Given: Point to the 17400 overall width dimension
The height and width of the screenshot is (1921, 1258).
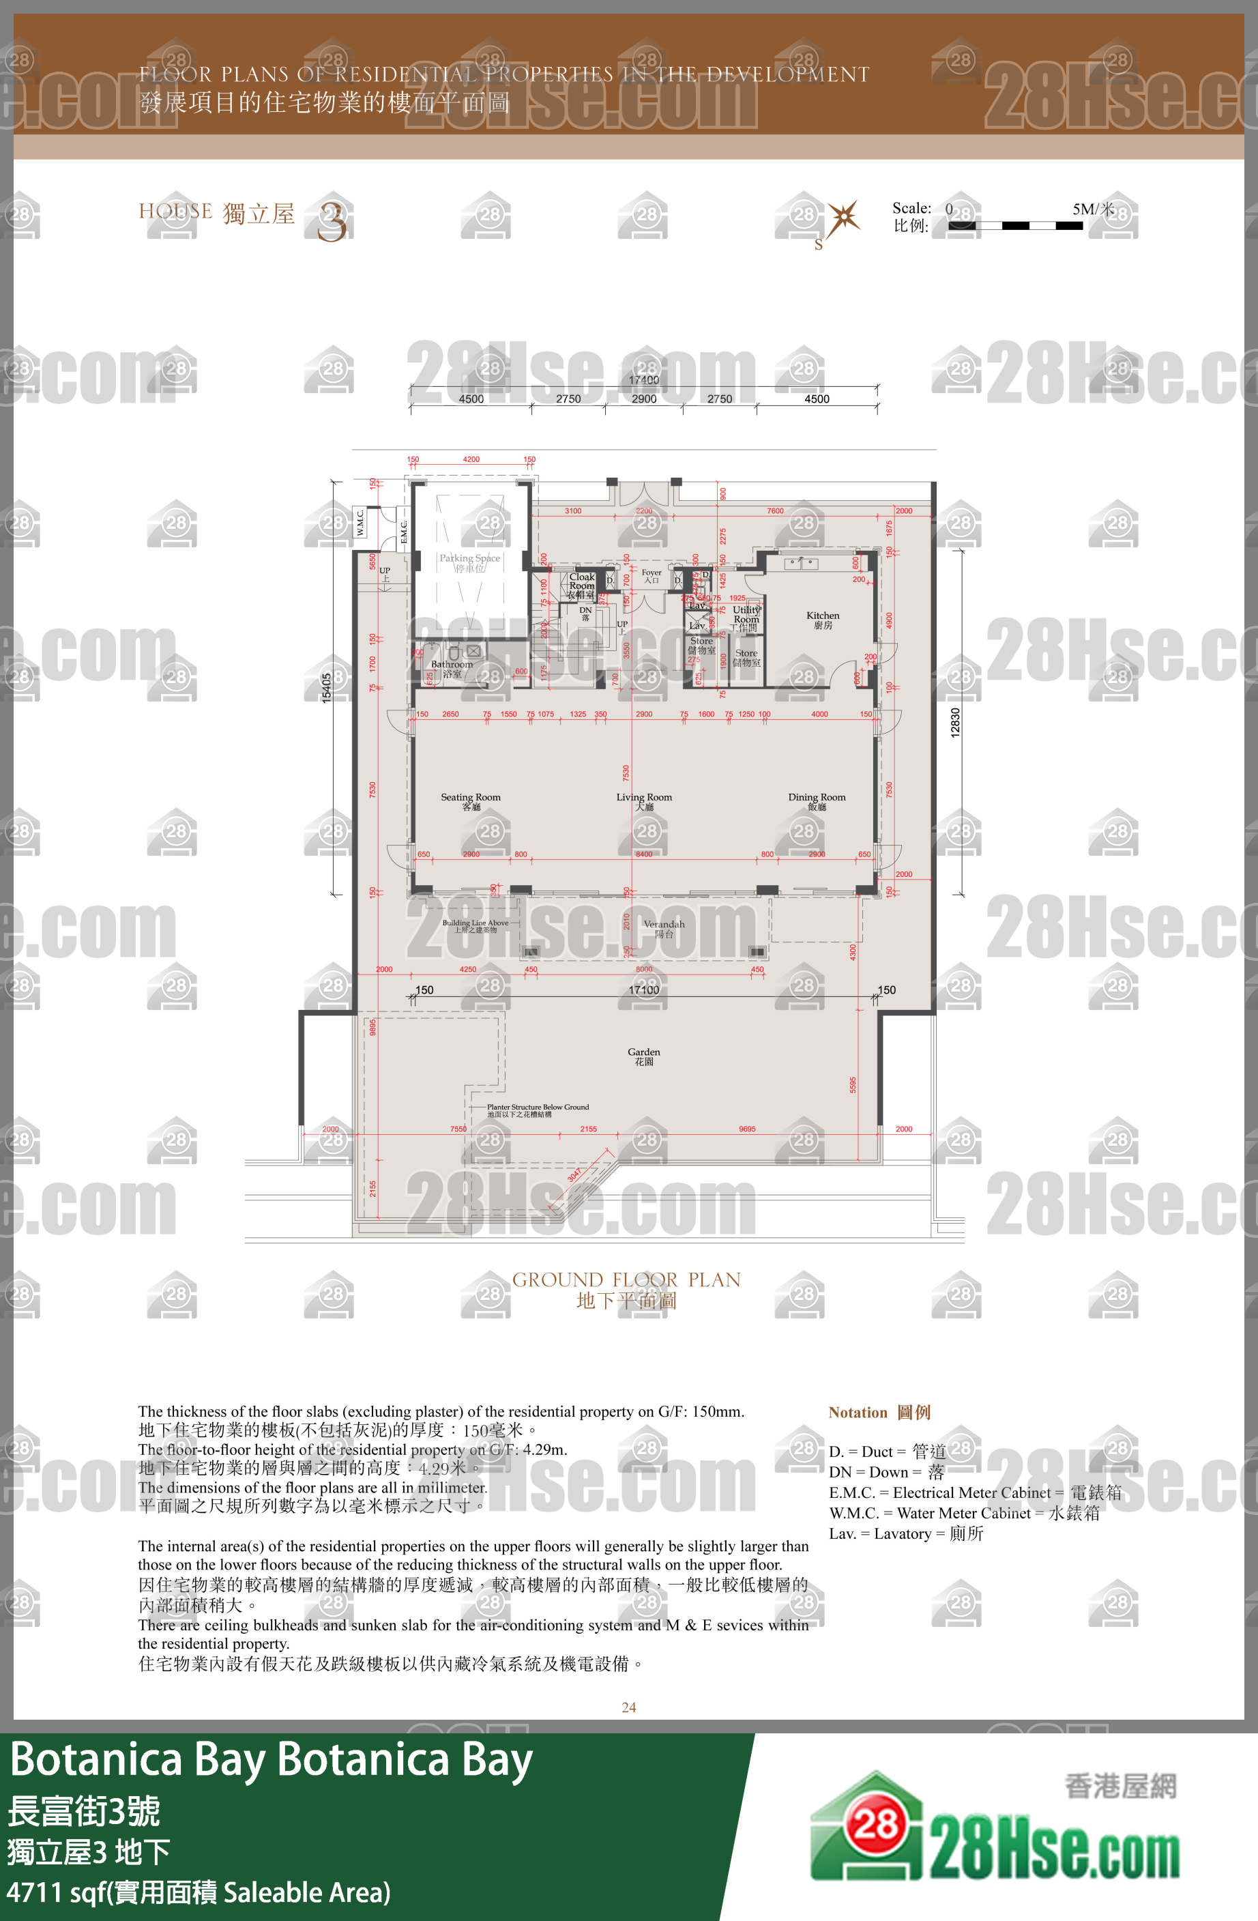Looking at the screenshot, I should tap(643, 380).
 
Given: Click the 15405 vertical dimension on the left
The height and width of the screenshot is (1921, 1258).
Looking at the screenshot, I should tap(327, 688).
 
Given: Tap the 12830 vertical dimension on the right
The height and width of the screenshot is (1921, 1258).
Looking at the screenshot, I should tap(955, 723).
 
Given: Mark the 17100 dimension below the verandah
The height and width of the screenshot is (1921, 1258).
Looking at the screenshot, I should tap(643, 990).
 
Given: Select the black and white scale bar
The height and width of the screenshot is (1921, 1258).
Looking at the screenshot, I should tap(1015, 226).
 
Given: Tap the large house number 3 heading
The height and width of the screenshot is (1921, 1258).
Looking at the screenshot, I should tap(332, 221).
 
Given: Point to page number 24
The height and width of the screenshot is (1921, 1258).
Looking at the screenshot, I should tap(628, 1707).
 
